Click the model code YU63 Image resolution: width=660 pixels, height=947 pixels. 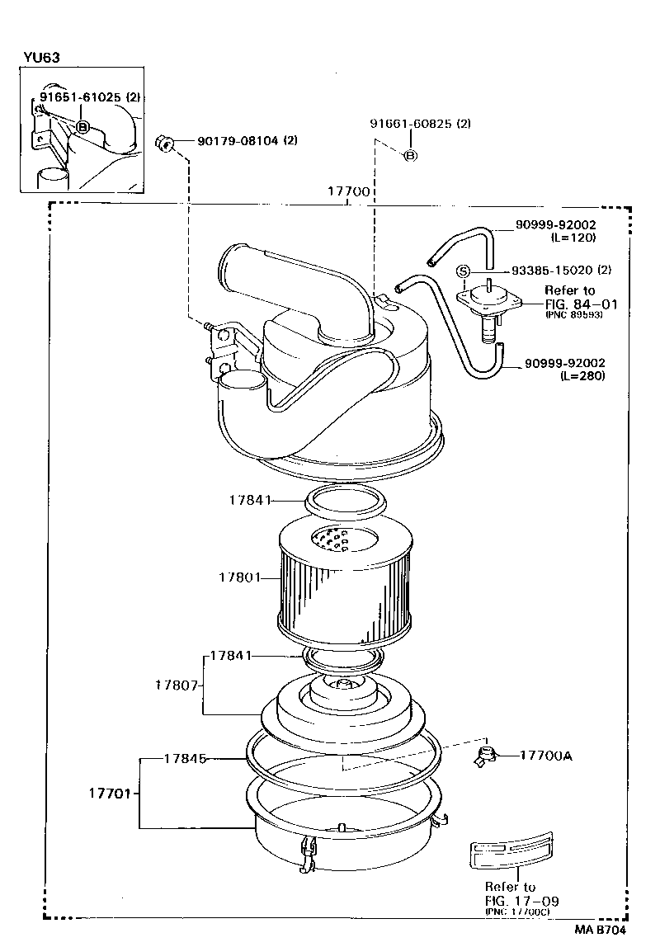click(x=41, y=58)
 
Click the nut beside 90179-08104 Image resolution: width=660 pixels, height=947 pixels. click(x=163, y=144)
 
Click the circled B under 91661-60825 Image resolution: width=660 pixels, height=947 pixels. click(x=411, y=156)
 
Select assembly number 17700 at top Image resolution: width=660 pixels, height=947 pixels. click(x=348, y=191)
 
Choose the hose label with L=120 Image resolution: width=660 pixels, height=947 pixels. click(x=555, y=224)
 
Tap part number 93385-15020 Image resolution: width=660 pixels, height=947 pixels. click(x=551, y=270)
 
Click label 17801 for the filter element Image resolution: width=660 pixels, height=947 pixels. click(x=239, y=577)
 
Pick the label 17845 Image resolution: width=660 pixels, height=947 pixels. click(x=184, y=757)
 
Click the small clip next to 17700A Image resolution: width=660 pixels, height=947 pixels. click(x=487, y=754)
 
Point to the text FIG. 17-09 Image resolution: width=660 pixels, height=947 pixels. click(x=521, y=901)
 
